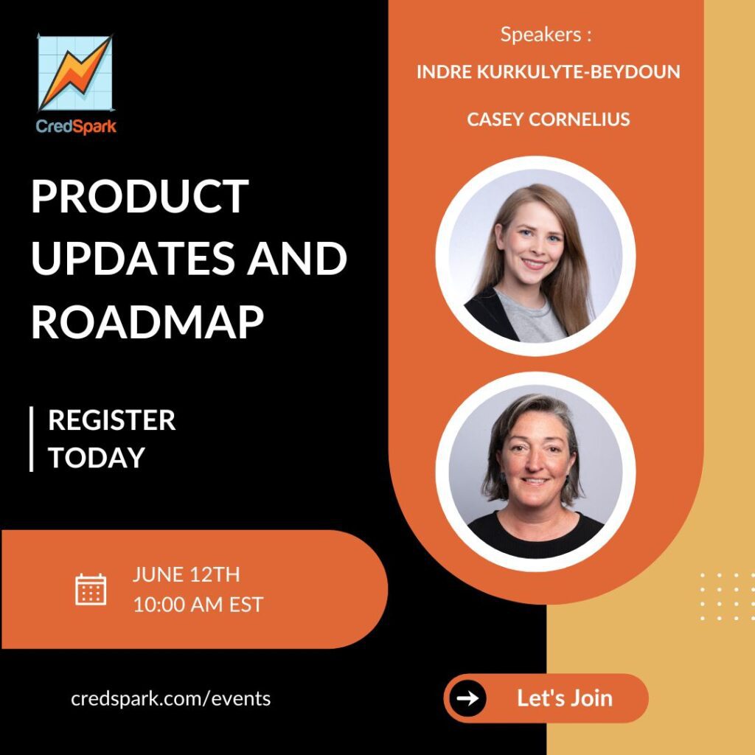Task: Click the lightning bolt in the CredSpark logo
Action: (x=76, y=72)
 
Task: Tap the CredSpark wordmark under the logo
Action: (x=76, y=127)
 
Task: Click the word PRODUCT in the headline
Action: (x=139, y=196)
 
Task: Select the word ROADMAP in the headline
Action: (x=147, y=321)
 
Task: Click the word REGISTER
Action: (x=112, y=420)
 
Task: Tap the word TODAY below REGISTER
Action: (x=97, y=457)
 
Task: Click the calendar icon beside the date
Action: (x=91, y=589)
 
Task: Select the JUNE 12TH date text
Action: (x=187, y=574)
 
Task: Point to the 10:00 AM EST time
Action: (x=198, y=605)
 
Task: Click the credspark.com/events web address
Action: (x=171, y=698)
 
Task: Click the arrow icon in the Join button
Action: (x=467, y=697)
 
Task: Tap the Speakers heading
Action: (x=546, y=34)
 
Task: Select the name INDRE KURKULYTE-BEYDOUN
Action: (x=549, y=72)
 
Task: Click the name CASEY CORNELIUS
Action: (x=549, y=119)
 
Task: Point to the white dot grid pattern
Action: (x=727, y=596)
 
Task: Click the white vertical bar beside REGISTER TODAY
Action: (x=31, y=439)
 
